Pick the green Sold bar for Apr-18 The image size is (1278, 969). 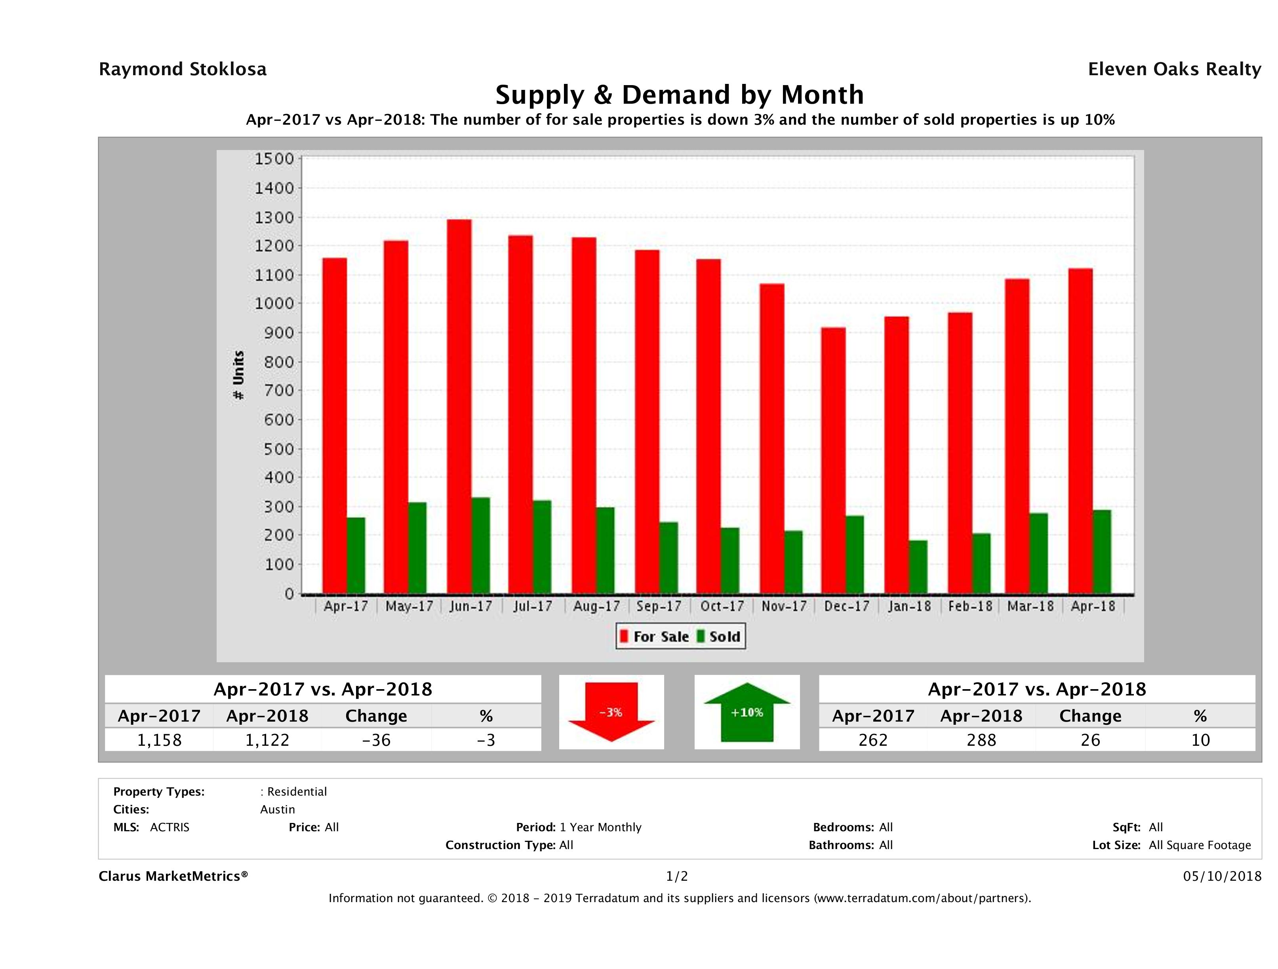1101,551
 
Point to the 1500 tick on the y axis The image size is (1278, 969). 274,159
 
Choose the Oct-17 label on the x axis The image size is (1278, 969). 722,606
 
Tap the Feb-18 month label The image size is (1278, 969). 970,606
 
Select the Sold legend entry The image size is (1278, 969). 719,636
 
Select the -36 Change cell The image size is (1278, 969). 376,740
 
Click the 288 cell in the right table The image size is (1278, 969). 982,740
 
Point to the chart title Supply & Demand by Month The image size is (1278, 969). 680,95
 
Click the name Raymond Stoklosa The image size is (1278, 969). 183,69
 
